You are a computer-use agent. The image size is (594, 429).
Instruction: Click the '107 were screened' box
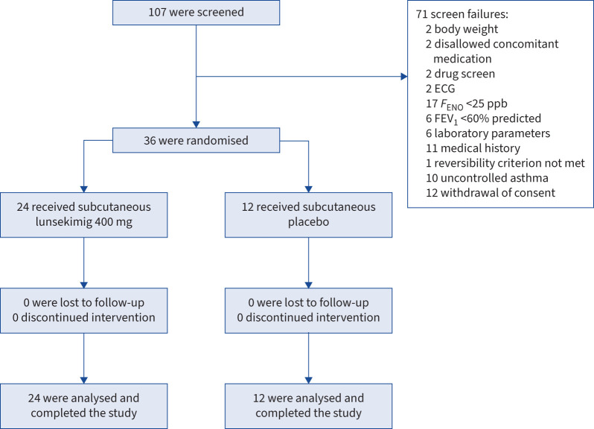[197, 13]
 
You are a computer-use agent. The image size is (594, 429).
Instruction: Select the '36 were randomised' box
[197, 140]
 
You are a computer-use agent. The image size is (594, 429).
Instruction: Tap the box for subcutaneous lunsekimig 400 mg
[83, 215]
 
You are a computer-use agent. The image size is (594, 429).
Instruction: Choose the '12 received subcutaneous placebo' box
[308, 215]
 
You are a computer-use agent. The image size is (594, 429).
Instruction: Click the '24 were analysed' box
[83, 406]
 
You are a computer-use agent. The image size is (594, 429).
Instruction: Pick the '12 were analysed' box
[308, 406]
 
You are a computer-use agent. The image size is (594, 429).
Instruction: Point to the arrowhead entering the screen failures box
[404, 77]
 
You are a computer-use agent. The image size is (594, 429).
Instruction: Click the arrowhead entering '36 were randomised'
[197, 124]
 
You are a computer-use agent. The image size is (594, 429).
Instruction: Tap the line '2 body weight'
[462, 29]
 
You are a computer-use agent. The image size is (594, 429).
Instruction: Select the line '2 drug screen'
[460, 74]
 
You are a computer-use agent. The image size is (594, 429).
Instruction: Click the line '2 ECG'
[440, 89]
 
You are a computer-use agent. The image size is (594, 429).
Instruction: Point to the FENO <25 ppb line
[466, 104]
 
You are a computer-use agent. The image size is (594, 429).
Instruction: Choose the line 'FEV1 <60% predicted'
[483, 118]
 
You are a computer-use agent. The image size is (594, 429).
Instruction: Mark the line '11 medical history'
[473, 147]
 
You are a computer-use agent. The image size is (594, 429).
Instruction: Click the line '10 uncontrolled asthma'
[487, 178]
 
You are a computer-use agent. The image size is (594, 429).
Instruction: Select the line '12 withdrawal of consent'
[491, 192]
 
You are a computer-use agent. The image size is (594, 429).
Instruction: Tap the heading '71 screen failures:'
[462, 14]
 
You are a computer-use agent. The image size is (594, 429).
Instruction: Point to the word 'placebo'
[308, 222]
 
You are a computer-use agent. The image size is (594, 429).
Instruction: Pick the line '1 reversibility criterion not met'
[505, 163]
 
